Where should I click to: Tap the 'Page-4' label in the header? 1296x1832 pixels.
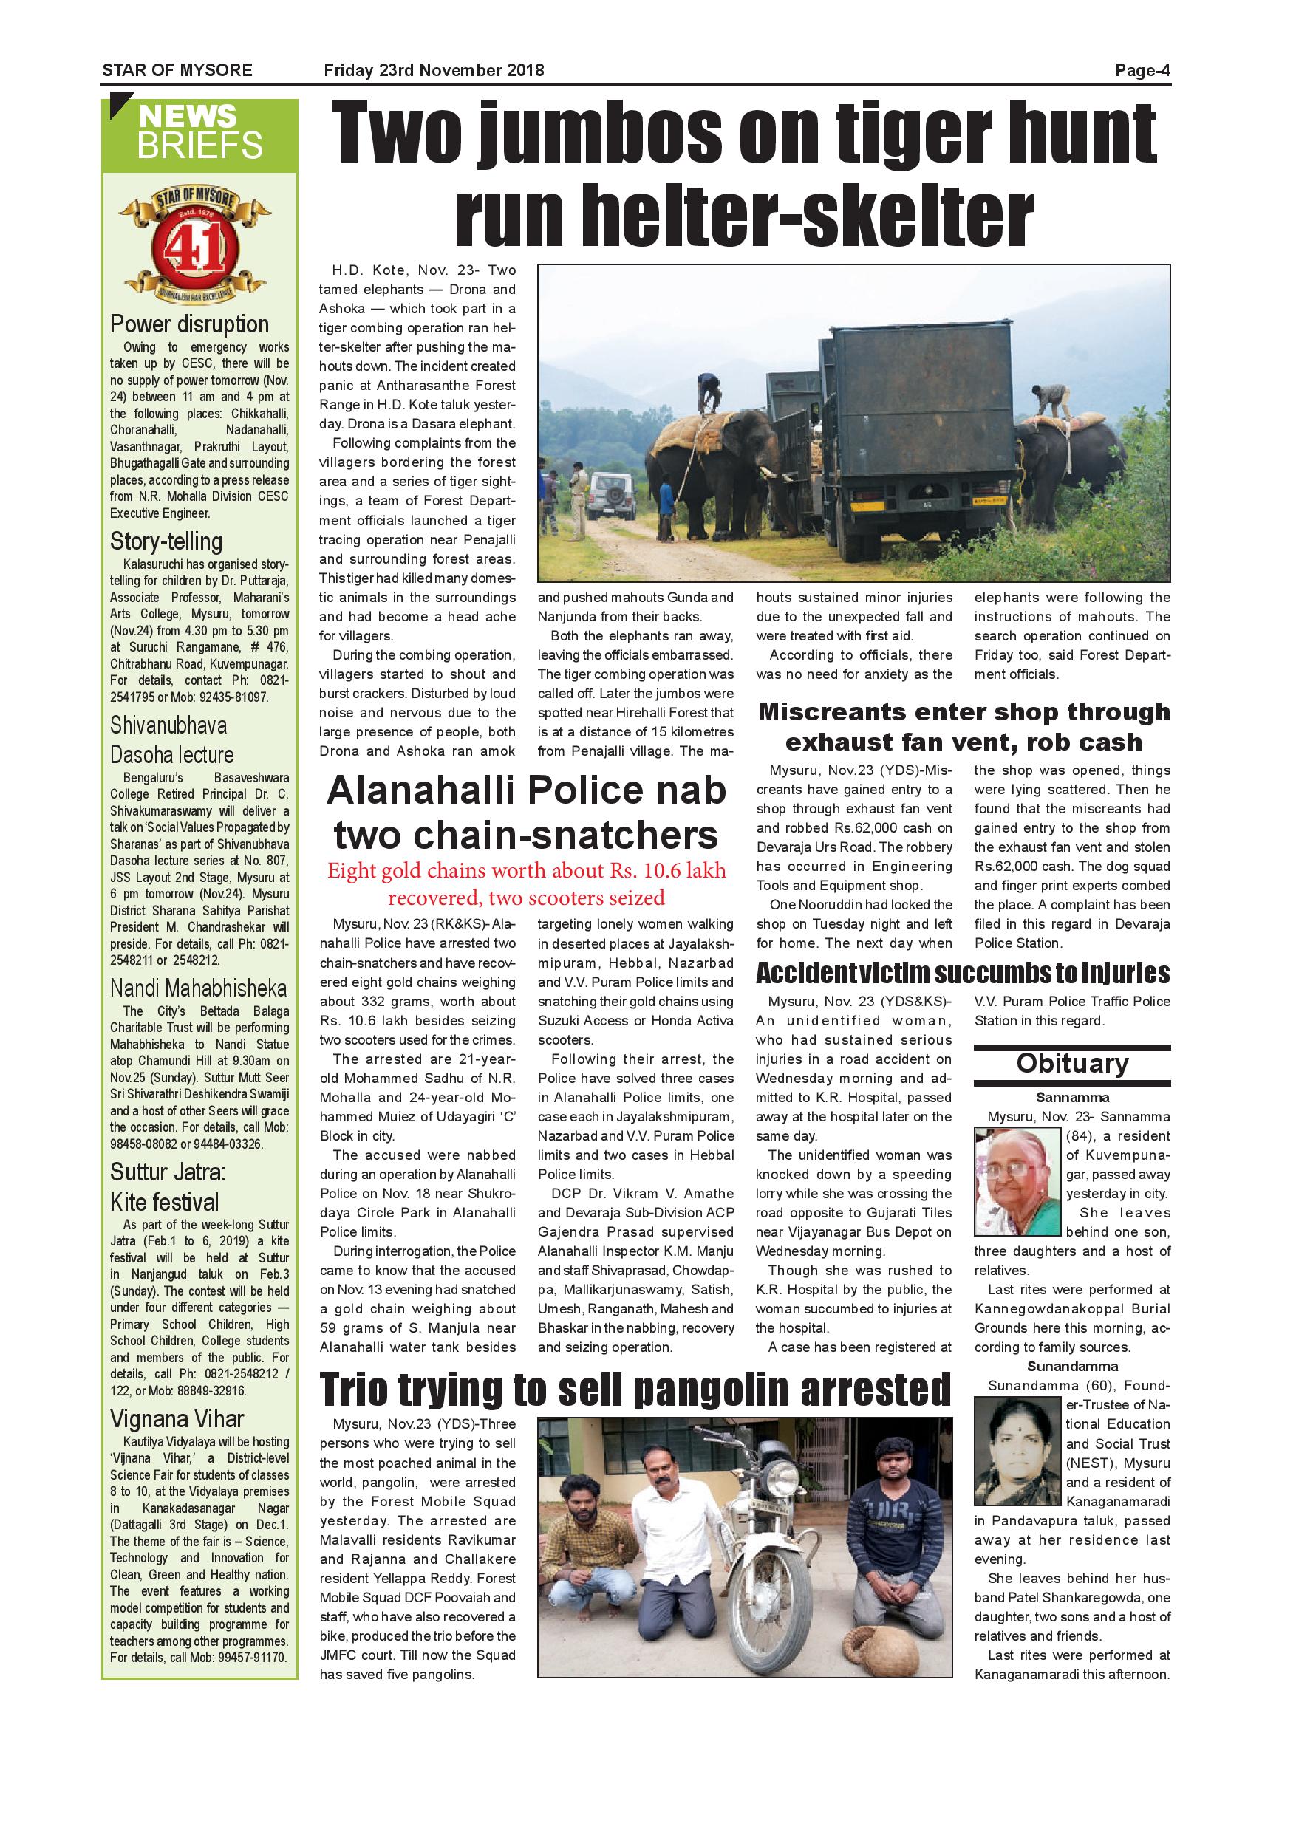click(x=1142, y=70)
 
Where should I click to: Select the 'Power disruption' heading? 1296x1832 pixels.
click(x=189, y=325)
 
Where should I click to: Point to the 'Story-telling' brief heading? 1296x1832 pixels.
click(x=166, y=541)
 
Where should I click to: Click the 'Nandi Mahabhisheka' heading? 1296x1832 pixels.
click(x=198, y=988)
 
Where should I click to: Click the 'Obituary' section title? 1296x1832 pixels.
click(x=1072, y=1064)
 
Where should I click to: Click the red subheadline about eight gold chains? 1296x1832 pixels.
click(x=527, y=883)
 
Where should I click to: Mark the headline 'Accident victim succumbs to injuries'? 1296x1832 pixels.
click(x=963, y=974)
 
